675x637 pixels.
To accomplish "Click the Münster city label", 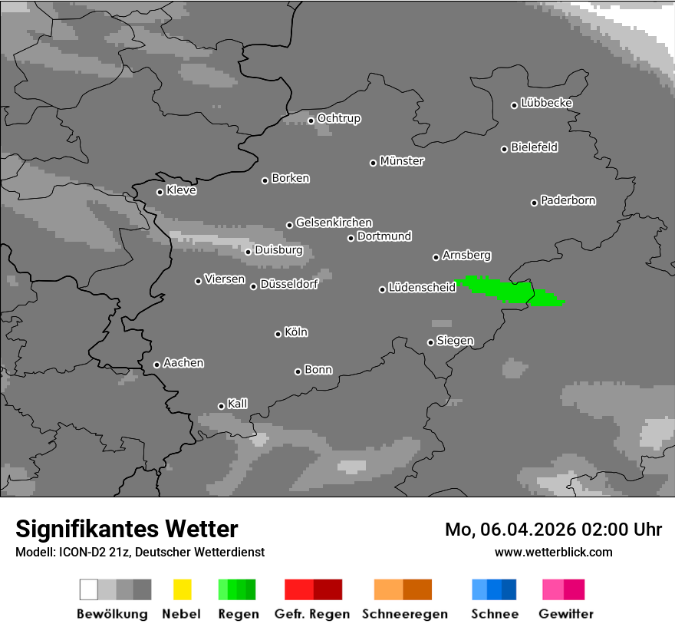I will point(402,161).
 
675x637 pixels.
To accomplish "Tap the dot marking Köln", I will point(278,334).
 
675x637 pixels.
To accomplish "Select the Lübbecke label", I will point(546,103).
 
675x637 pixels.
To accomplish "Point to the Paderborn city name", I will point(568,200).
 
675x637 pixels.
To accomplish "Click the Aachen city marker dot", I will point(156,365).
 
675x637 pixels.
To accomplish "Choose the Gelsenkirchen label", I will point(334,223).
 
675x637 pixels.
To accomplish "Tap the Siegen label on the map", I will point(455,341).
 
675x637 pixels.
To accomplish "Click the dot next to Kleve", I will point(160,192).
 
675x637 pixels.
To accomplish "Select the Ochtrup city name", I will point(338,118).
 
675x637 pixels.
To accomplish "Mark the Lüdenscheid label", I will point(422,288).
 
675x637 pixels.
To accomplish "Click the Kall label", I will point(238,404).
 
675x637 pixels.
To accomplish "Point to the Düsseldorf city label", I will point(289,284).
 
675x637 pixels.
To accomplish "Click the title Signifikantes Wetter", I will point(127,529).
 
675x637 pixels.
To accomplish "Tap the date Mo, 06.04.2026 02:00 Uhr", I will point(553,530).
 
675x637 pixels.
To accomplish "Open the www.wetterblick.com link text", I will point(553,552).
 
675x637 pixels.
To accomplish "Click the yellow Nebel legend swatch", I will point(182,589).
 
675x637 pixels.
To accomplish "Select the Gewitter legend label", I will point(566,614).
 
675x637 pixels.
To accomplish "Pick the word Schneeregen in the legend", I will point(405,614).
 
